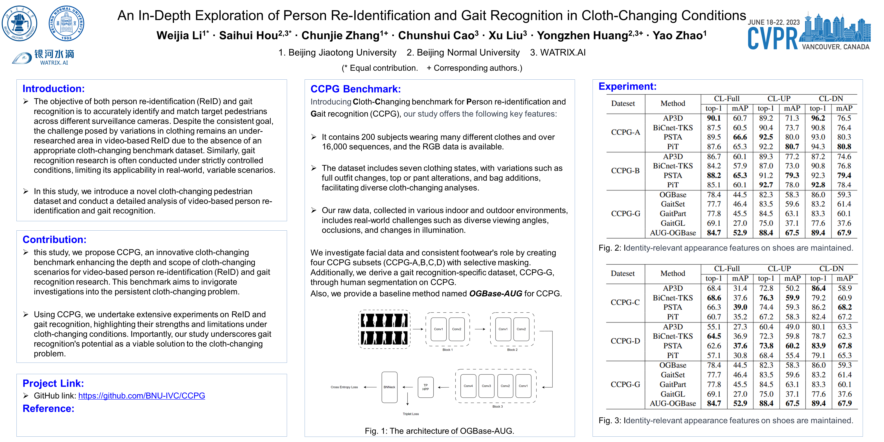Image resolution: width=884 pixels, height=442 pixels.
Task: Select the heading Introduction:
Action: [54, 89]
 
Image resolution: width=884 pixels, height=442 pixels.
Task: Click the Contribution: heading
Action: [54, 240]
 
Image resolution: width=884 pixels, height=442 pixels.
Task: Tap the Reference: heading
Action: [48, 408]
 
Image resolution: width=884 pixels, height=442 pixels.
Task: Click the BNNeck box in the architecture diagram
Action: [389, 387]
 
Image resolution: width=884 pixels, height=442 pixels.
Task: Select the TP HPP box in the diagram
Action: [426, 387]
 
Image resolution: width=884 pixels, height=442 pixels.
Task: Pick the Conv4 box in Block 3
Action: [468, 386]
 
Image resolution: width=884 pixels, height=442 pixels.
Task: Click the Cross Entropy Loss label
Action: [344, 387]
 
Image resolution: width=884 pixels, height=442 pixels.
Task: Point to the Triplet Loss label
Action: [411, 414]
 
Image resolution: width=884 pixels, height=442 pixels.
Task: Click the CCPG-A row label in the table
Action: [625, 132]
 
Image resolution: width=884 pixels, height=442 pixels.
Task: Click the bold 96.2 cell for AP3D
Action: [818, 118]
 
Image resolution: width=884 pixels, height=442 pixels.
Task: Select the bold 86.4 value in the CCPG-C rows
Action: [818, 288]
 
